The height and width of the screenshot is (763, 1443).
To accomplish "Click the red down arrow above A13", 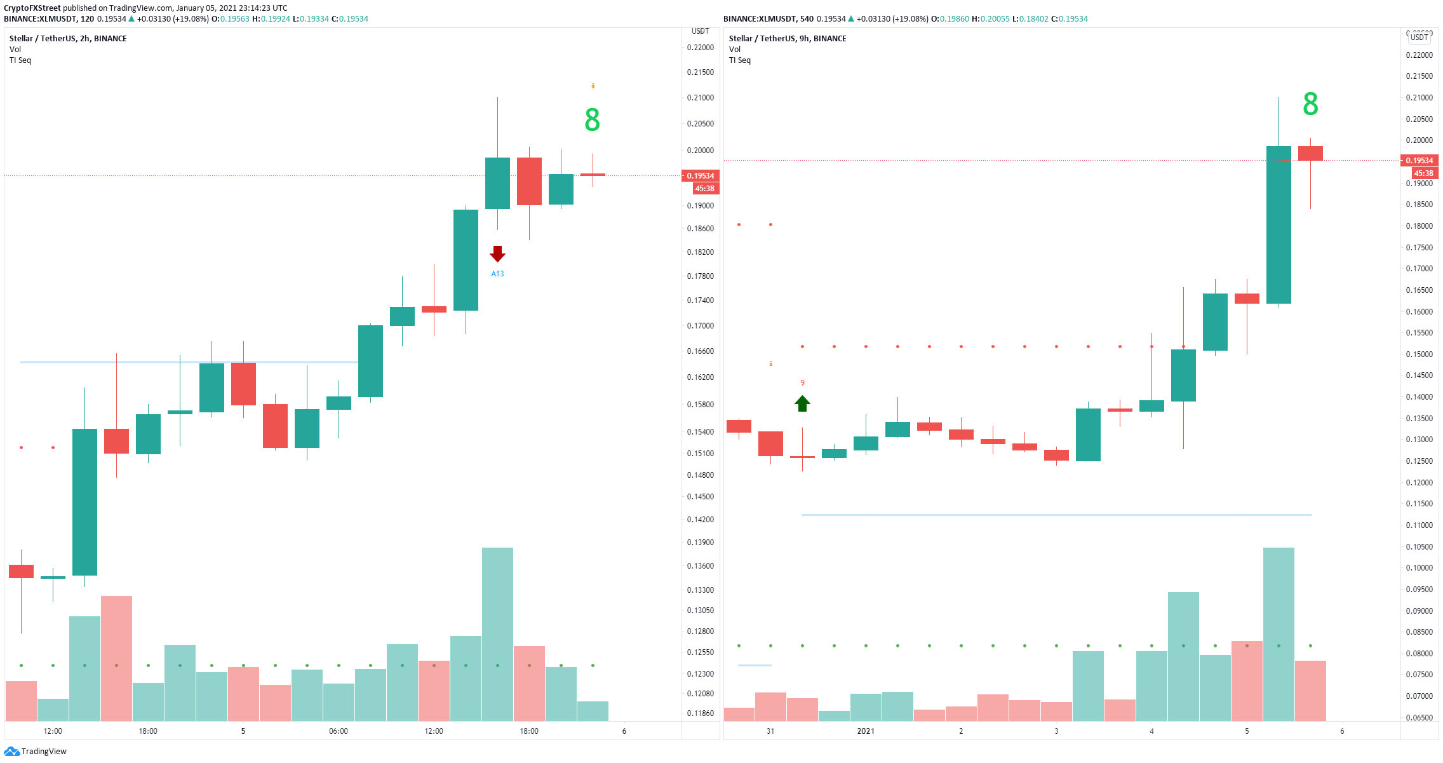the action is tap(497, 254).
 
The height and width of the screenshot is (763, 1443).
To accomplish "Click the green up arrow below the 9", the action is tap(802, 403).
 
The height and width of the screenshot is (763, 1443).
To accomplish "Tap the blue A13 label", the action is tap(497, 274).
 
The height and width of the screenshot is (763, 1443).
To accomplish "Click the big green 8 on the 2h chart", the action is tap(592, 119).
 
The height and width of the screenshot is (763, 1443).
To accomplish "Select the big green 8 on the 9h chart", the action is tap(1310, 104).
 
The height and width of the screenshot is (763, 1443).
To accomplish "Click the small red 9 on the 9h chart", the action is tap(802, 383).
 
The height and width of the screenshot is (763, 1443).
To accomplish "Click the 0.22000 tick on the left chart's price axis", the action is tap(701, 48).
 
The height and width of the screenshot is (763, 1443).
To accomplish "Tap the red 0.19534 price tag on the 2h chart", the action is tap(701, 175).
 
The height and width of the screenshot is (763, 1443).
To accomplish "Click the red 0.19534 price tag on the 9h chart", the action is tap(1419, 160).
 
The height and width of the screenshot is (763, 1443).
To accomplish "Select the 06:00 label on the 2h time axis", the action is tap(339, 731).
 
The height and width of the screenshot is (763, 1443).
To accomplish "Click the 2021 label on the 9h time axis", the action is tap(866, 731).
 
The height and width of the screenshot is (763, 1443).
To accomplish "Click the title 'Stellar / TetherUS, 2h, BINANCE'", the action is tap(68, 39).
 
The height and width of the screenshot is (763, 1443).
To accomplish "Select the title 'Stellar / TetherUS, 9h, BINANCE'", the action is tap(788, 39).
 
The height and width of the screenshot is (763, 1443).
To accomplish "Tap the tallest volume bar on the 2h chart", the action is tap(497, 634).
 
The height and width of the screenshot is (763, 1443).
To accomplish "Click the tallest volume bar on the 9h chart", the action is tap(1279, 634).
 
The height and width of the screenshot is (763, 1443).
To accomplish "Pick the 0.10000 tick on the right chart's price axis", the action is tap(1419, 568).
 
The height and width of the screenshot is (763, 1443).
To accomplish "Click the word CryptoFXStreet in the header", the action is tap(32, 8).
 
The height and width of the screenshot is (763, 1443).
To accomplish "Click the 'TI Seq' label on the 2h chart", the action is tap(20, 60).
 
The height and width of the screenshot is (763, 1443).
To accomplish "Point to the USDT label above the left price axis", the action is tap(700, 31).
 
